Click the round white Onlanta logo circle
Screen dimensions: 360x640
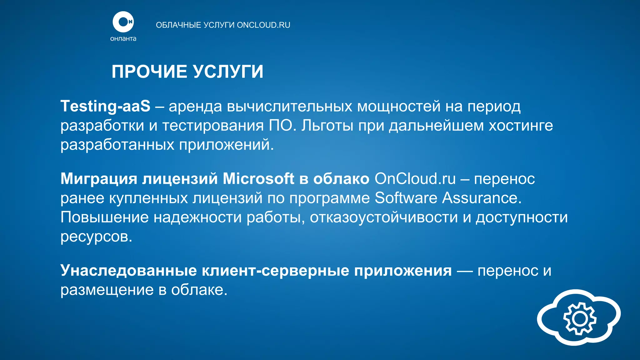pyautogui.click(x=123, y=22)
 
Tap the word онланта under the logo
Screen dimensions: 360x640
pyautogui.click(x=123, y=39)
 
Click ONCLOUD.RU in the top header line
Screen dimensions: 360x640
pyautogui.click(x=263, y=25)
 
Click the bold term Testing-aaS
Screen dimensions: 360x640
pyautogui.click(x=105, y=106)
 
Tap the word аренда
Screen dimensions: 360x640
pyautogui.click(x=195, y=106)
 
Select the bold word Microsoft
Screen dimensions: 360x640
pyautogui.click(x=258, y=179)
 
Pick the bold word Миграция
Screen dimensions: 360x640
pyautogui.click(x=99, y=179)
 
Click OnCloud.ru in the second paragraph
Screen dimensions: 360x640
pyautogui.click(x=415, y=179)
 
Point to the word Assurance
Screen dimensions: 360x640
pyautogui.click(x=482, y=198)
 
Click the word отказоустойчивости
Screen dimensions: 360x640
pyautogui.click(x=384, y=217)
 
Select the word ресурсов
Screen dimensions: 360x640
pyautogui.click(x=96, y=237)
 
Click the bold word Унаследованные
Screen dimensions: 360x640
pyautogui.click(x=128, y=270)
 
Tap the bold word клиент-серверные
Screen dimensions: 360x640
pyautogui.click(x=275, y=270)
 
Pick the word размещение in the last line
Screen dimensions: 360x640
pyautogui.click(x=107, y=290)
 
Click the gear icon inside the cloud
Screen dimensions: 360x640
pyautogui.click(x=580, y=318)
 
